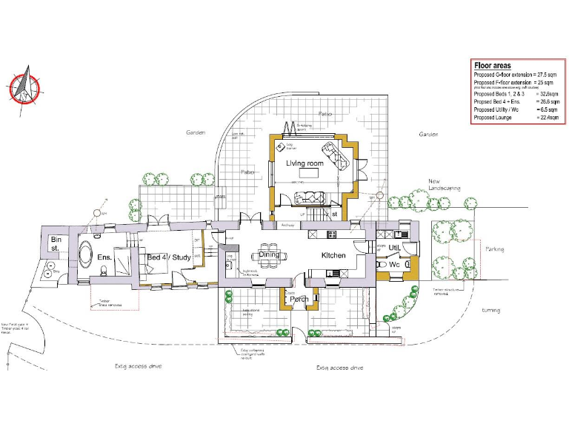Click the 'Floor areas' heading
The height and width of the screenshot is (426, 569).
tap(492, 66)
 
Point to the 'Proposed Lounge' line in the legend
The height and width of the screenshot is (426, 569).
tap(493, 118)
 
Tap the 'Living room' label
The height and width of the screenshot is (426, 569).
tap(305, 163)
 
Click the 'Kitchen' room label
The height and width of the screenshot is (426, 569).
tap(333, 255)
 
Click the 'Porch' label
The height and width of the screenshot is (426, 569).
tap(299, 300)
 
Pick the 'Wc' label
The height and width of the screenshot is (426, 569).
tap(395, 264)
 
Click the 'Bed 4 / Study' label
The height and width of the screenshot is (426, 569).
tap(168, 257)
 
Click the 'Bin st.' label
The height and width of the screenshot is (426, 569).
tap(55, 244)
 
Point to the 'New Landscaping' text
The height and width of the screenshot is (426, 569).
tap(444, 184)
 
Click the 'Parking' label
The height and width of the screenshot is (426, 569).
tap(494, 249)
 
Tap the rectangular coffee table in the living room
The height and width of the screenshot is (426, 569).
tap(307, 174)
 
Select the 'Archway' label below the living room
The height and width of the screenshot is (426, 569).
tap(289, 225)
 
